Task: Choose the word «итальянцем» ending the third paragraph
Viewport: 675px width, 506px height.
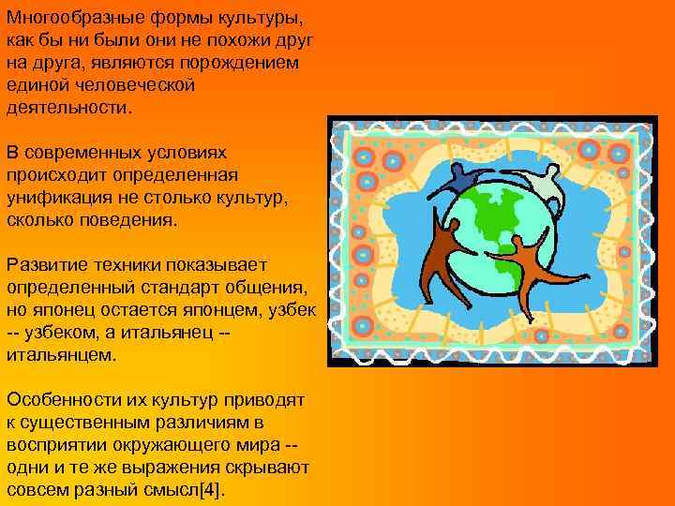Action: [x=60, y=355]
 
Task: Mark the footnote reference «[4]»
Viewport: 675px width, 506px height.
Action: [x=211, y=490]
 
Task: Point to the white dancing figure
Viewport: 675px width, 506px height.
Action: [x=543, y=186]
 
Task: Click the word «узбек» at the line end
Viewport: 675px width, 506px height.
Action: [x=292, y=310]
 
